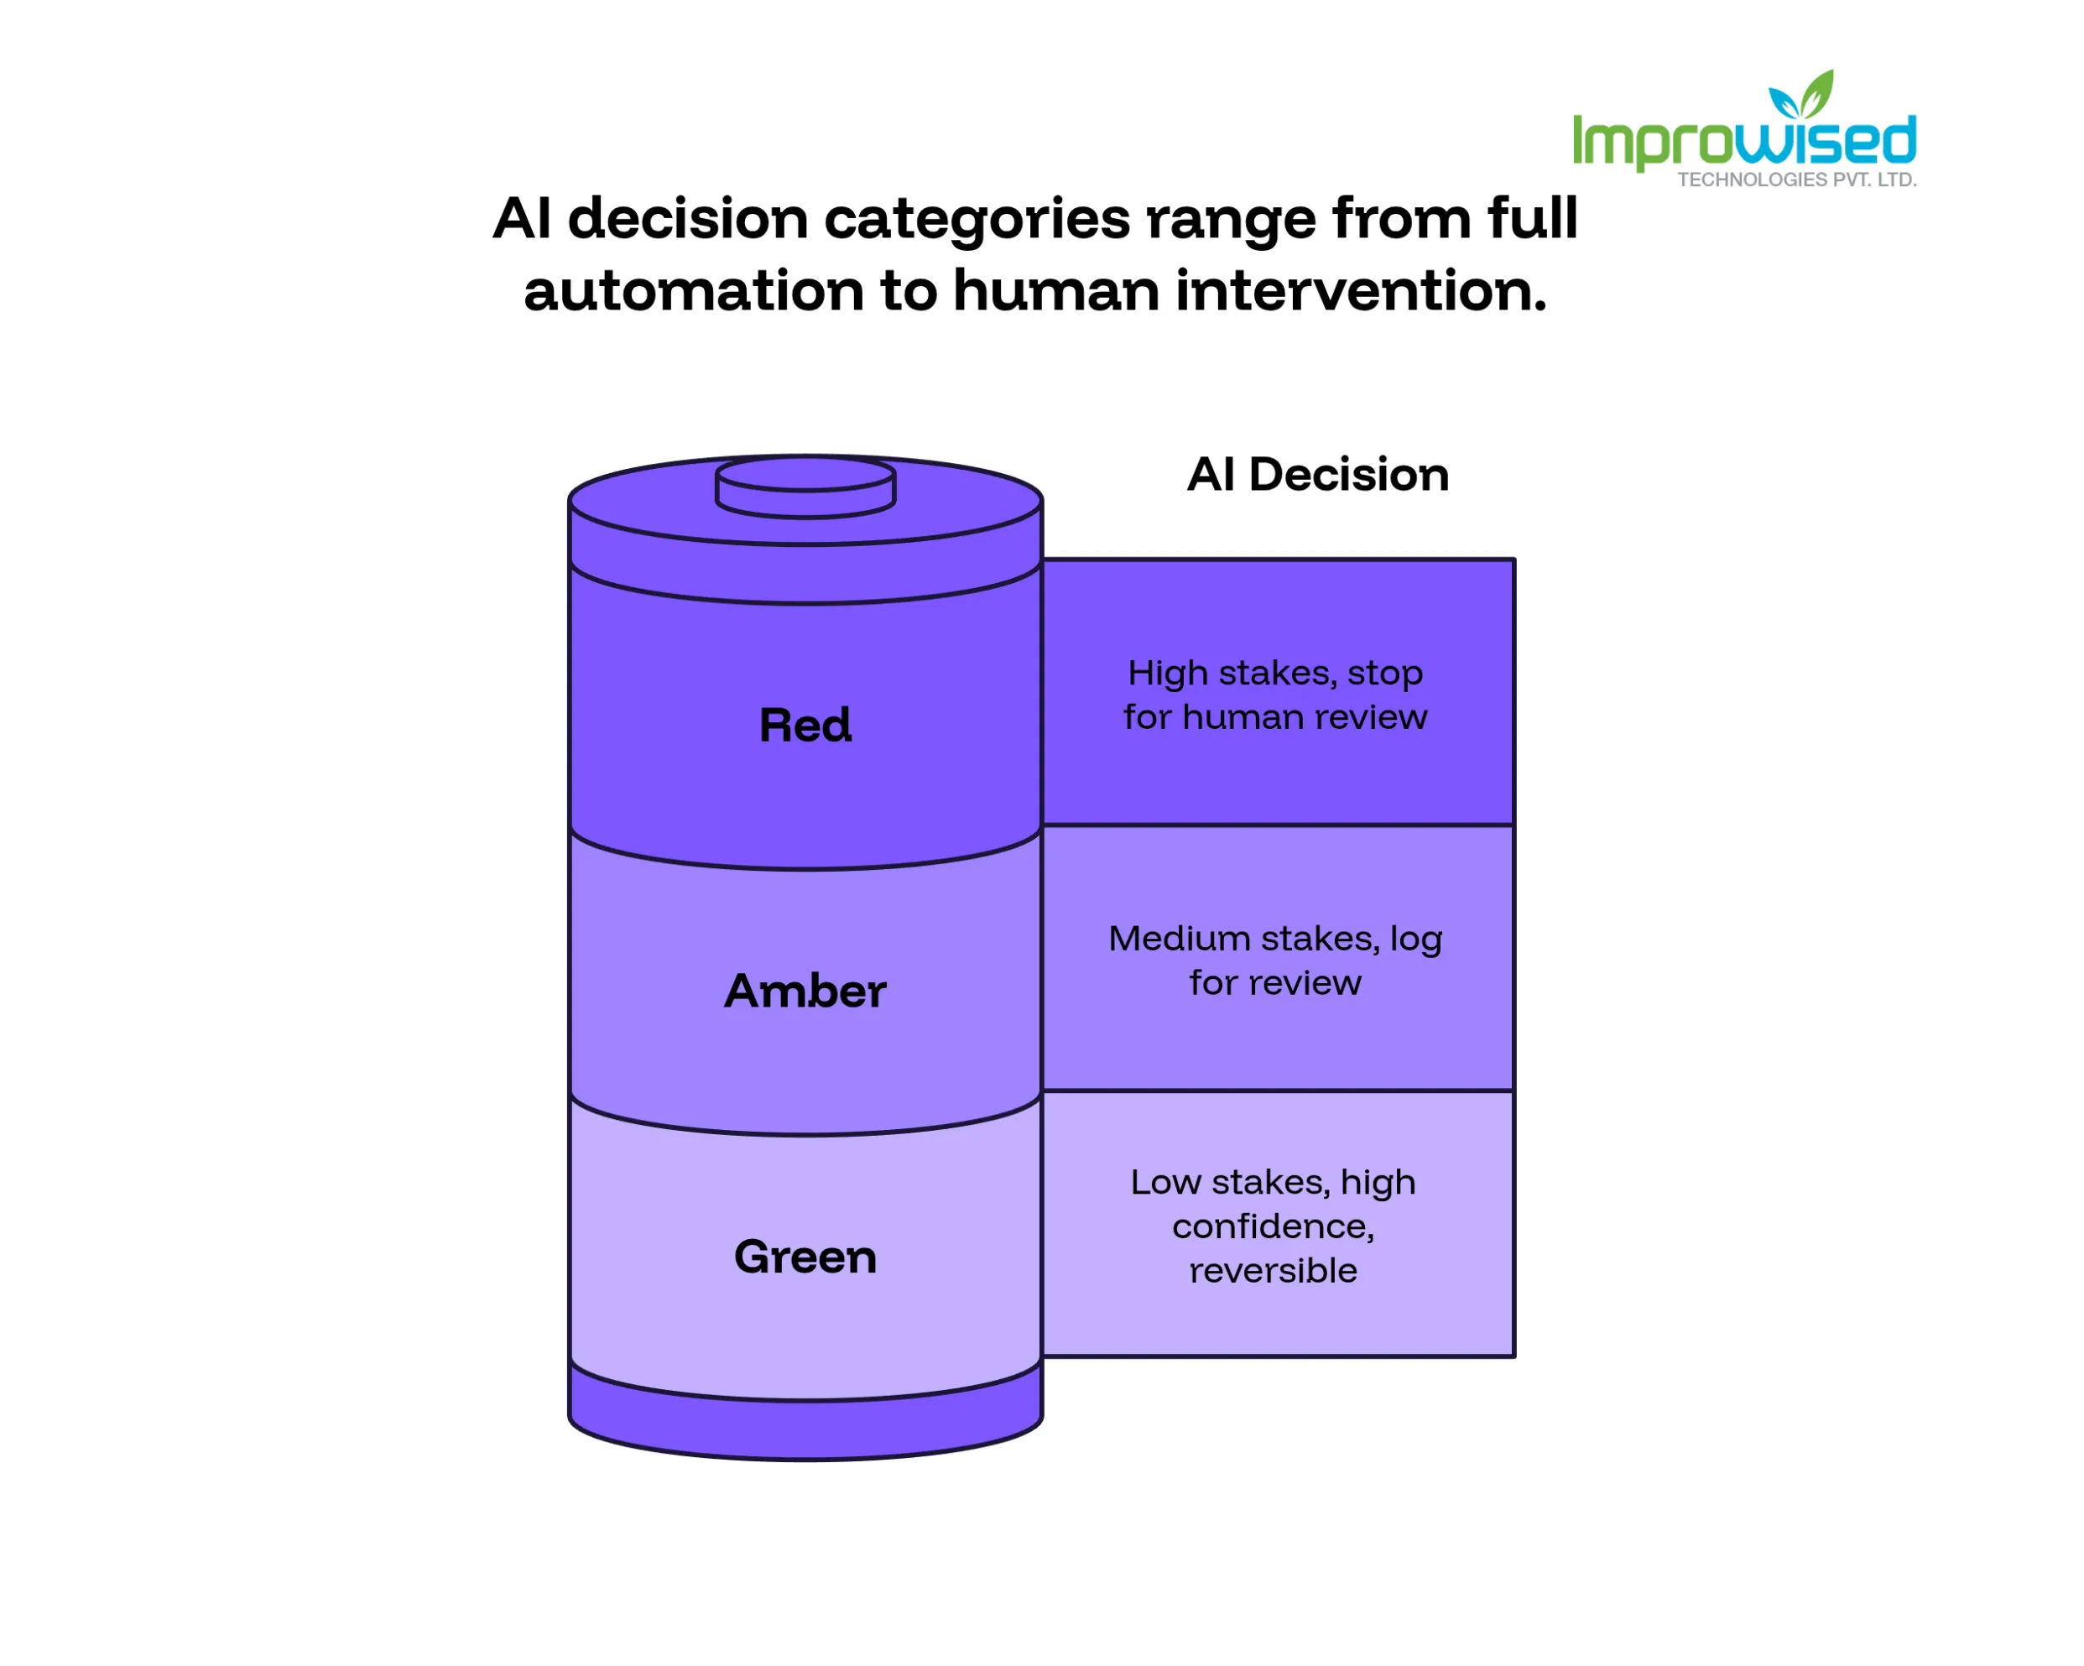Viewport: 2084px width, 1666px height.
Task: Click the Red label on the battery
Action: [x=805, y=726]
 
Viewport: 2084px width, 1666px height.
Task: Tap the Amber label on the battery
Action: [x=805, y=992]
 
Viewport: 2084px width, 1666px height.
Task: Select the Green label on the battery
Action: [x=805, y=1257]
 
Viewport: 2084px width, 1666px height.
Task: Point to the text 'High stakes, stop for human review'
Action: [x=1275, y=695]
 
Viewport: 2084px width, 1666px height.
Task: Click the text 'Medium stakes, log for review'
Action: [x=1275, y=961]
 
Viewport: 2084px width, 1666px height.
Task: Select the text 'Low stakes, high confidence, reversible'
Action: [x=1273, y=1226]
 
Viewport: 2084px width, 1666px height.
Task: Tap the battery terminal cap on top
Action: [x=805, y=488]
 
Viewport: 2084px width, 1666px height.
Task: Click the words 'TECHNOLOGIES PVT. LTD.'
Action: [x=1797, y=180]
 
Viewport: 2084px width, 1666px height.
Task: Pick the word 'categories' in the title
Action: [x=977, y=221]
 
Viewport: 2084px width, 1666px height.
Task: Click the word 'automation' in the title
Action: [x=694, y=291]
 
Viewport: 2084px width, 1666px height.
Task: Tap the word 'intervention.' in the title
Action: [x=1361, y=291]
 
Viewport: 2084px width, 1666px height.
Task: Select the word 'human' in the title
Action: [x=1056, y=291]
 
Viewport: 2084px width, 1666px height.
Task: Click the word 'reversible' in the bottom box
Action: [x=1273, y=1271]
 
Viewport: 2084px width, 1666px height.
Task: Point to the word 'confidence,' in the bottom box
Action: [x=1273, y=1227]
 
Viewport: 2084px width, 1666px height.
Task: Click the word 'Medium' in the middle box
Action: [x=1180, y=940]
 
